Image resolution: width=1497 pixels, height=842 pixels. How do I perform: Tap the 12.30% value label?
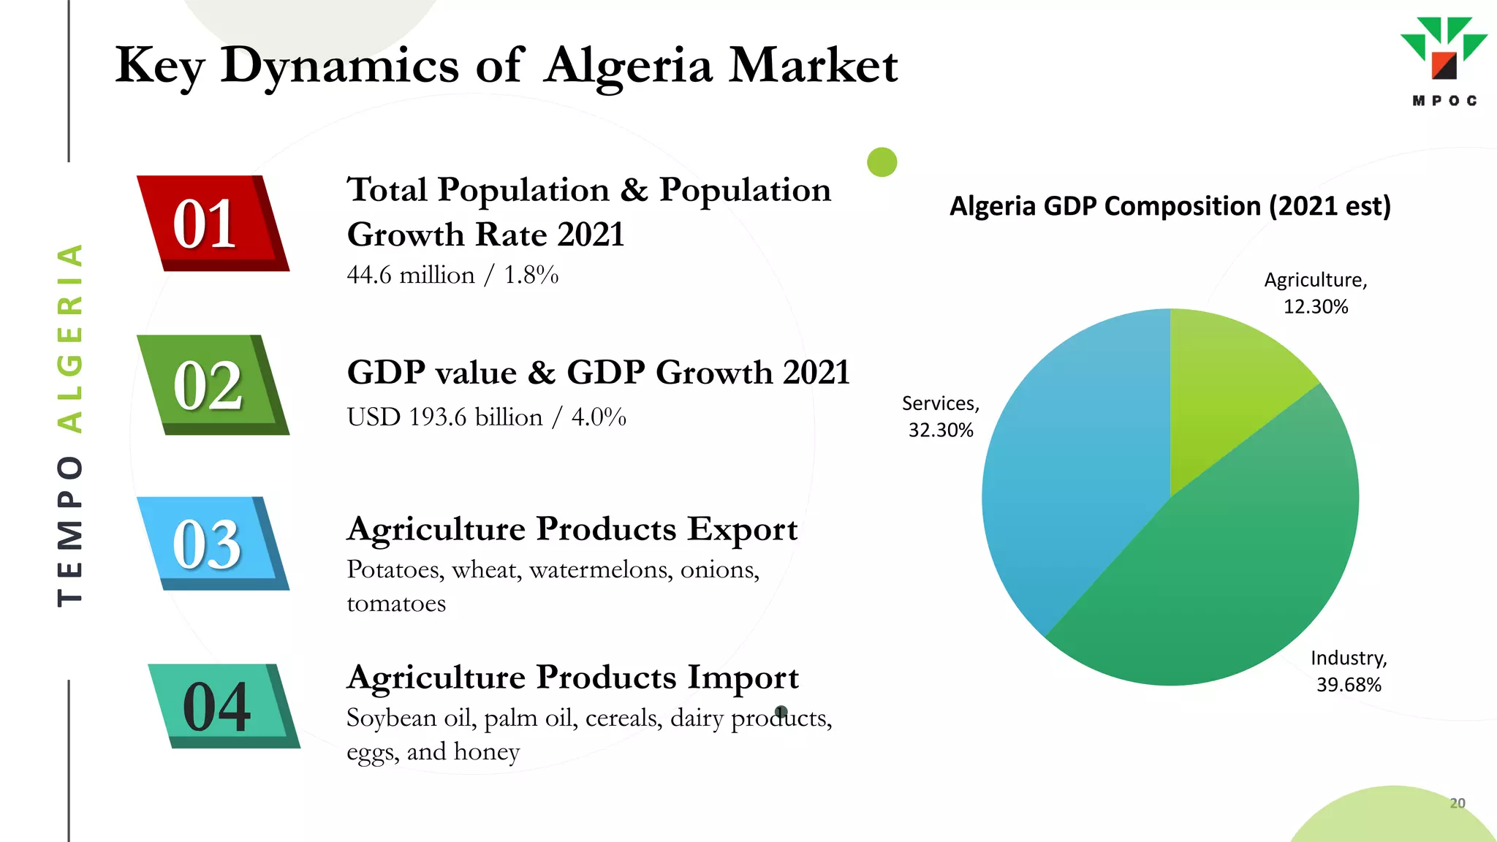1316,307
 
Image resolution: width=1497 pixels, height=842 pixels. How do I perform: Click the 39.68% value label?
1349,685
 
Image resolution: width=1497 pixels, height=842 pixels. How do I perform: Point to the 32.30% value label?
941,431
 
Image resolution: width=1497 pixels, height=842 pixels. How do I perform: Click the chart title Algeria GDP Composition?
1170,206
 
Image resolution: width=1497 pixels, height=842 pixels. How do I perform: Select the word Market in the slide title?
813,66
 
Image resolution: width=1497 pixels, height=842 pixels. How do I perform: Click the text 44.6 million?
410,276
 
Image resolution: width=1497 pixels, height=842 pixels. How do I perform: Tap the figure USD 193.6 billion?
444,417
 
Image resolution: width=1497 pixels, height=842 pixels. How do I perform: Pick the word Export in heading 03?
742,529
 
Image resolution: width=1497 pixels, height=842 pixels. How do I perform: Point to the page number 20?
1457,803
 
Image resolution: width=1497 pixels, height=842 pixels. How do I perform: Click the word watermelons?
601,569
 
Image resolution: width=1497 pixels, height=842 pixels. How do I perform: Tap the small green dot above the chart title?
882,162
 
